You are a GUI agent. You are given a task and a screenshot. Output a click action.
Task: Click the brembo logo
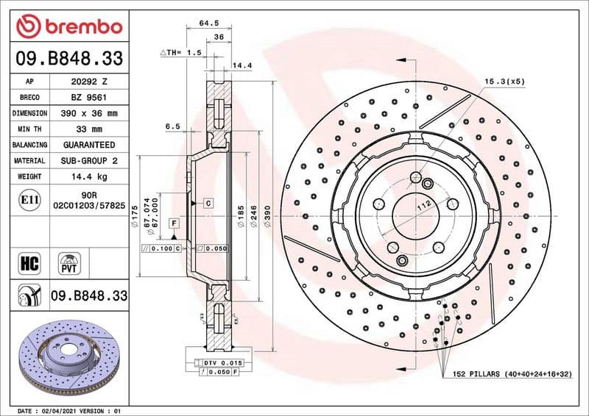pyautogui.click(x=68, y=26)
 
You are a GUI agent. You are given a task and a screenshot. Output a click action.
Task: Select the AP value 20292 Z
pyautogui.click(x=88, y=82)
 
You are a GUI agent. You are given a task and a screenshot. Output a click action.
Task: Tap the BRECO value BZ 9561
pyautogui.click(x=88, y=98)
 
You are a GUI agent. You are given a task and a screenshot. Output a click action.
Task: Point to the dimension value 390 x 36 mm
pyautogui.click(x=88, y=113)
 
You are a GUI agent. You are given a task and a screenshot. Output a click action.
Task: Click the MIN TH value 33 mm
pyautogui.click(x=88, y=129)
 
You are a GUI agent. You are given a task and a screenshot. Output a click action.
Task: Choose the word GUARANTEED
pyautogui.click(x=88, y=145)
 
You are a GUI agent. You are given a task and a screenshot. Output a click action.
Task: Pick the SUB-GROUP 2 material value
pyautogui.click(x=88, y=160)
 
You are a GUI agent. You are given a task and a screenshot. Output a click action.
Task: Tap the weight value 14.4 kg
pyautogui.click(x=88, y=176)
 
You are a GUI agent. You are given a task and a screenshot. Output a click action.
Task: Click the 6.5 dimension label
pyautogui.click(x=172, y=126)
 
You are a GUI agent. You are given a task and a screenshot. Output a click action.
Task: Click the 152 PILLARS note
pyautogui.click(x=512, y=374)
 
